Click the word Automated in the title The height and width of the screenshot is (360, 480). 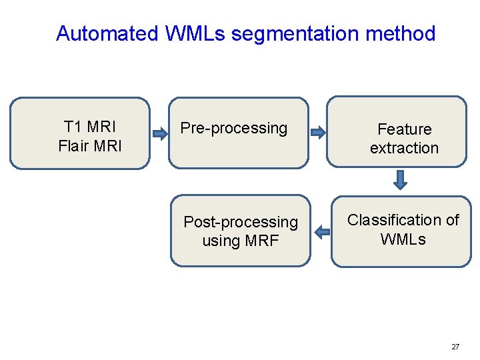click(x=107, y=33)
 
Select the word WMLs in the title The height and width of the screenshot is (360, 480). click(x=194, y=33)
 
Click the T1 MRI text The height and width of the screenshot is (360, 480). click(x=89, y=126)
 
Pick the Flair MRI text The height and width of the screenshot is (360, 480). click(x=89, y=145)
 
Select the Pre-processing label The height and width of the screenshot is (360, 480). click(x=234, y=127)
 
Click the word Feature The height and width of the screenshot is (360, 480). click(x=404, y=129)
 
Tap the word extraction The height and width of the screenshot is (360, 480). click(x=404, y=148)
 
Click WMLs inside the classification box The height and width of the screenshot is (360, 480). click(x=403, y=239)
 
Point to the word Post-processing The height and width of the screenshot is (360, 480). click(x=241, y=221)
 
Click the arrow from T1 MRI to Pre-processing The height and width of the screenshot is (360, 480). click(x=160, y=133)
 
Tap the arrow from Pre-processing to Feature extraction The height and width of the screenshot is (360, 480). click(x=319, y=132)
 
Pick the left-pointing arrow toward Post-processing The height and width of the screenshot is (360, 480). click(x=322, y=232)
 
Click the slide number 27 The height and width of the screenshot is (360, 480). click(x=455, y=347)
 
